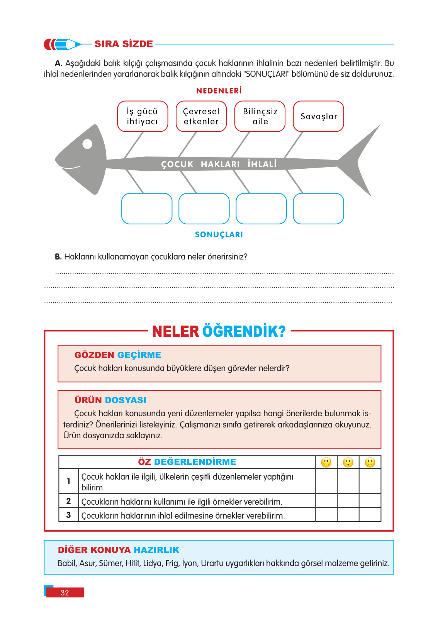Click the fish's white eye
[88, 144]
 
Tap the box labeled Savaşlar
[318, 116]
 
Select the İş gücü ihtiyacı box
[143, 116]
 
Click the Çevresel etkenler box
[201, 116]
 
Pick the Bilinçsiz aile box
[260, 116]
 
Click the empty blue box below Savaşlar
[318, 209]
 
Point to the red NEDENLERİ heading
[219, 91]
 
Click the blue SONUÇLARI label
[219, 234]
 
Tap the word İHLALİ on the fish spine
[262, 164]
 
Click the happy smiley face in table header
[326, 462]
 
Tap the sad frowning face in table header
[370, 462]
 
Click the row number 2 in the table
[68, 501]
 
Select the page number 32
[65, 593]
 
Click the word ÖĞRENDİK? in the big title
[244, 331]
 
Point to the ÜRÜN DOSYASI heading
[110, 400]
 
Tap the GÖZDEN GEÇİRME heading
[118, 355]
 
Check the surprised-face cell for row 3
[348, 515]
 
